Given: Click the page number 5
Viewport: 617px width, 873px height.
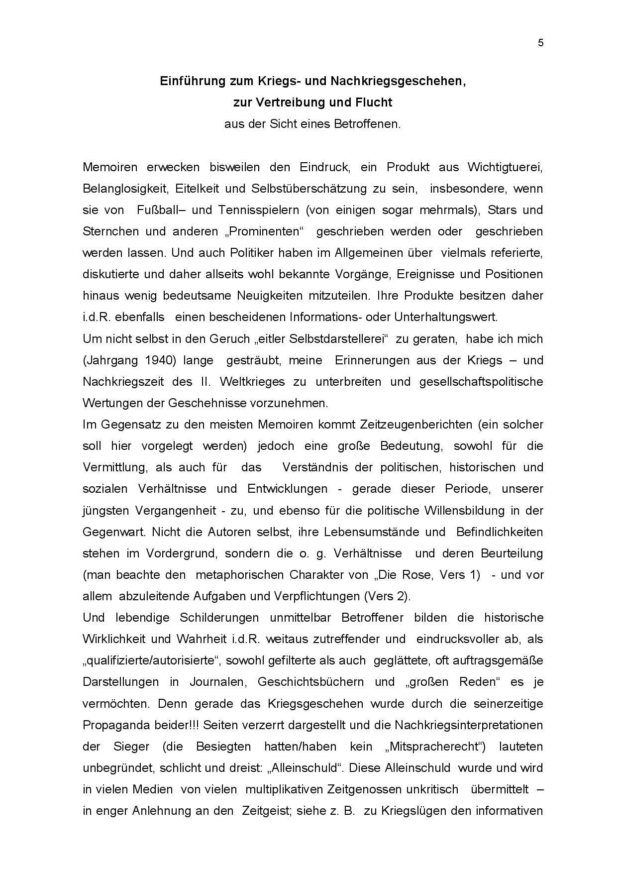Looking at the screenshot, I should tap(540, 43).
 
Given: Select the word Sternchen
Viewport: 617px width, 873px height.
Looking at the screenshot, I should tap(108, 231).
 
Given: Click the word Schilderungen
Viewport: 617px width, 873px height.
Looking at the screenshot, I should tap(219, 618).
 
